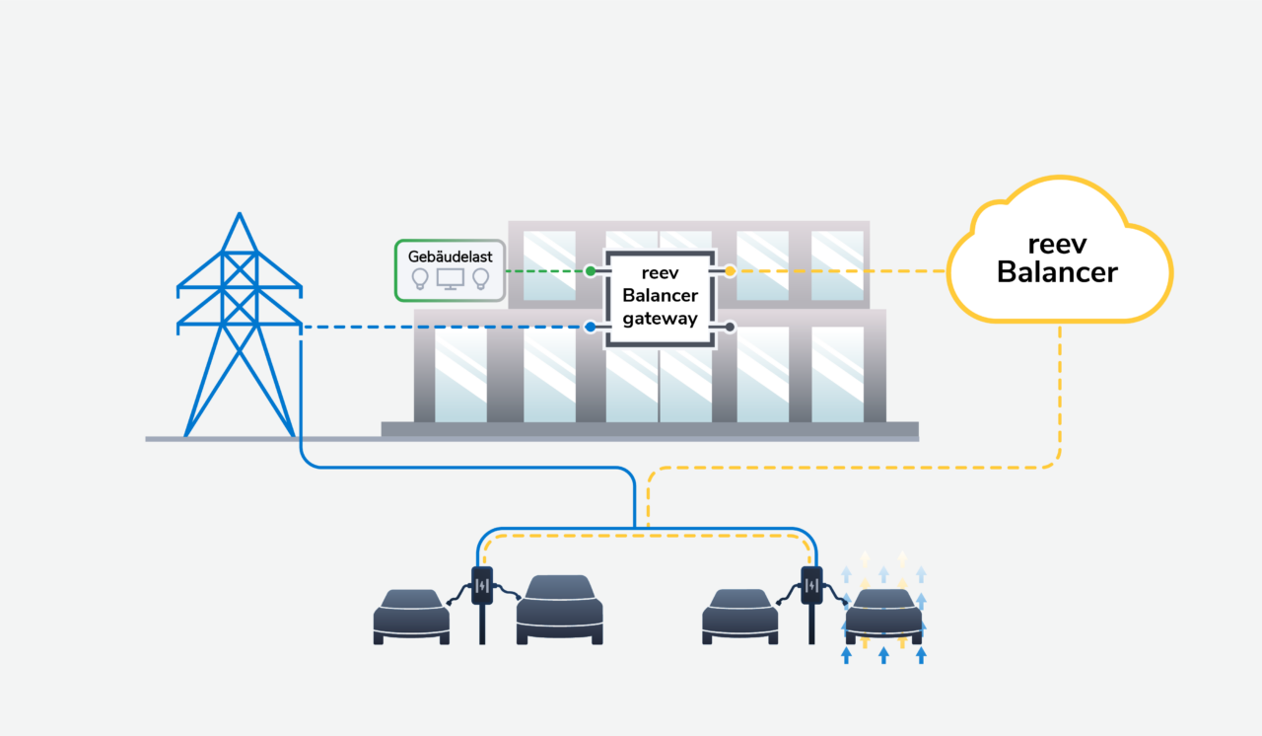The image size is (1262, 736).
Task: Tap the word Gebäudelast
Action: [x=450, y=257]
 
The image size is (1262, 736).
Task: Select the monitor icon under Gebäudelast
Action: [x=451, y=279]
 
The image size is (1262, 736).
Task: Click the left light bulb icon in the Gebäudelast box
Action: [x=420, y=278]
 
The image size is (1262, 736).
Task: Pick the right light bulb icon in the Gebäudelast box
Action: [x=481, y=278]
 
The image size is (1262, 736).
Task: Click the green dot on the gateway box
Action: [x=590, y=270]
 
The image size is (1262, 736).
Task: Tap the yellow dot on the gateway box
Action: [x=730, y=270]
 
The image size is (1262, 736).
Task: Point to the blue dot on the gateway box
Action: [x=590, y=327]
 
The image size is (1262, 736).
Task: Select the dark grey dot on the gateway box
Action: [x=730, y=327]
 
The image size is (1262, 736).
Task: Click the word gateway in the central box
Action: [x=660, y=319]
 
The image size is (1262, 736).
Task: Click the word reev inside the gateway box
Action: [x=660, y=273]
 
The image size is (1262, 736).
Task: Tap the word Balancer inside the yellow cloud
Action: [x=1057, y=272]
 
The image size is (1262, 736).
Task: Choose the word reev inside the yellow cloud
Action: [x=1057, y=244]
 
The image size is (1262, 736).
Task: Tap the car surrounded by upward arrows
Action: [x=883, y=617]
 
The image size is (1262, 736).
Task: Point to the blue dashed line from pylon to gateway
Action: [x=444, y=327]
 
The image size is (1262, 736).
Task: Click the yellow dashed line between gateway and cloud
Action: [x=838, y=270]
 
